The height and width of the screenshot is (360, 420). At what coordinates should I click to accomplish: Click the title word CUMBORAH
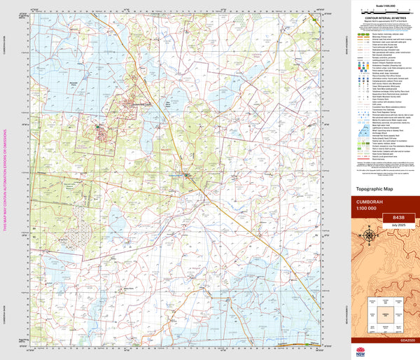(371, 200)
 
